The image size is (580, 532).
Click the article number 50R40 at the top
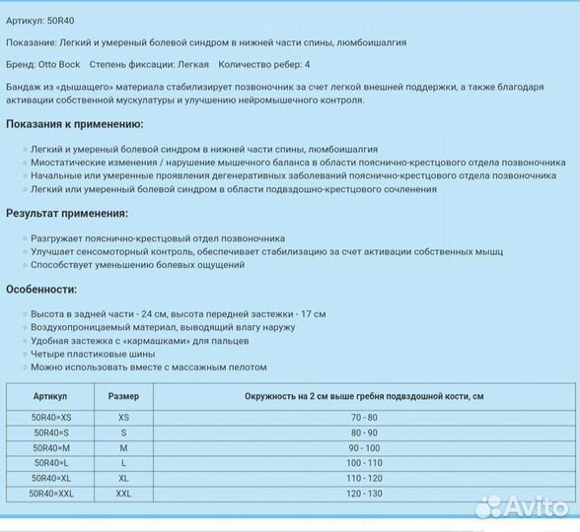(x=60, y=20)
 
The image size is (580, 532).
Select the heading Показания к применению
(x=75, y=124)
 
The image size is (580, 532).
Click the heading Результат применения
(x=67, y=213)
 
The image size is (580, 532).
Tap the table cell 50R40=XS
(x=50, y=418)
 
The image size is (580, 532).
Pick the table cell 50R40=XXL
(x=50, y=493)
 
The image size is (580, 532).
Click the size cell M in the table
(x=123, y=447)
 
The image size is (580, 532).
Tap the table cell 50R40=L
(x=50, y=462)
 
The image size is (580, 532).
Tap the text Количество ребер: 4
(x=263, y=64)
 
